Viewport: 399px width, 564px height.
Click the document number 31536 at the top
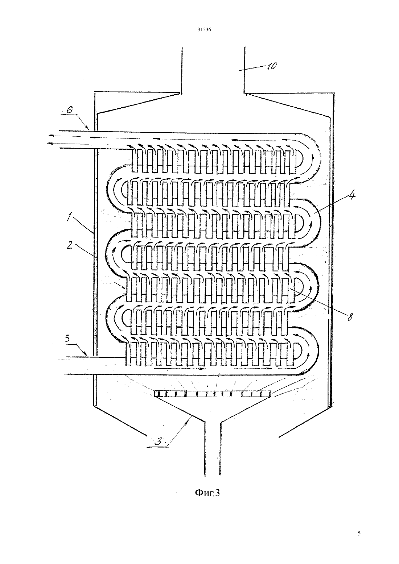coord(204,29)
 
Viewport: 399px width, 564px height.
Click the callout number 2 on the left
coord(70,245)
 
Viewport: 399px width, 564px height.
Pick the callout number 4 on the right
coord(351,195)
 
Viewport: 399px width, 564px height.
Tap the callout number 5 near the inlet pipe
coord(67,339)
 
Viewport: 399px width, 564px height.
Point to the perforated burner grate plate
coord(212,394)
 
